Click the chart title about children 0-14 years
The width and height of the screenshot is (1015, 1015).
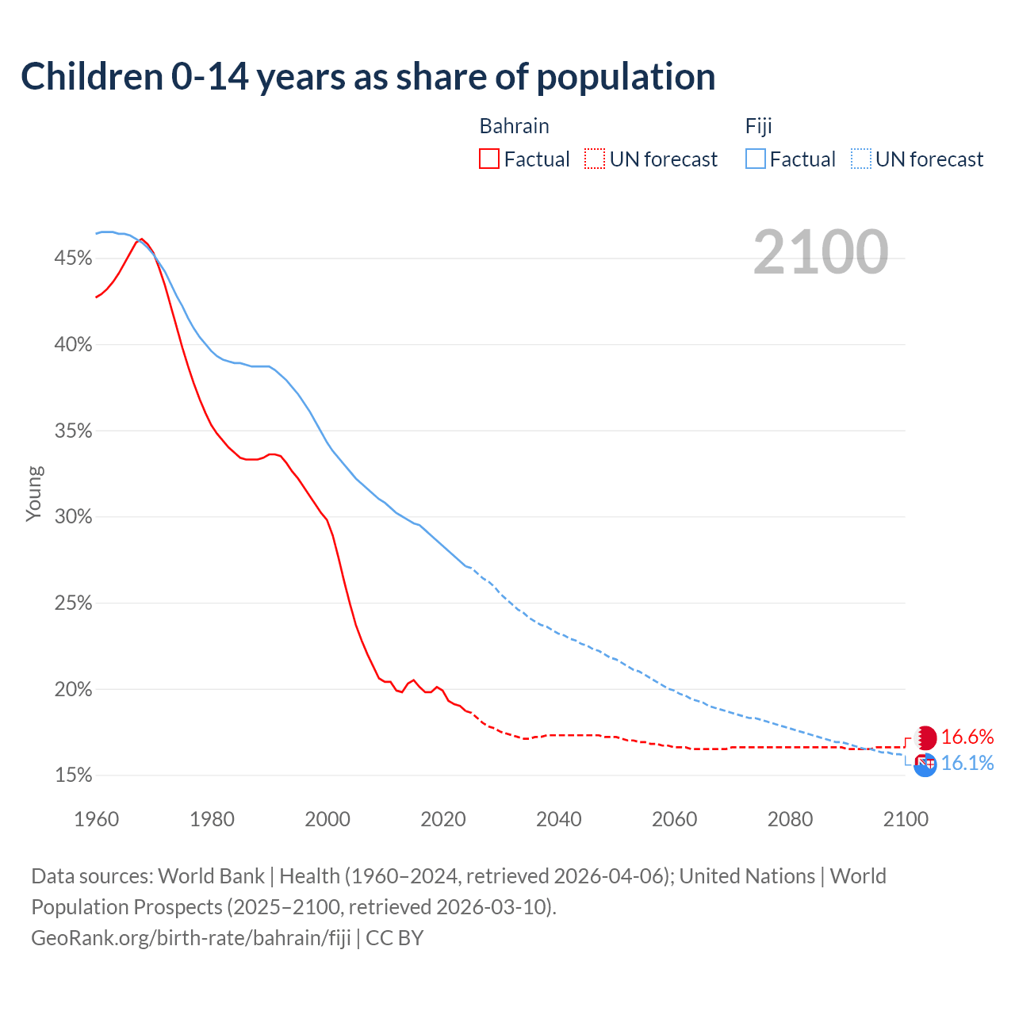click(x=368, y=77)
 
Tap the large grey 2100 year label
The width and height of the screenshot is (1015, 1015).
click(x=820, y=252)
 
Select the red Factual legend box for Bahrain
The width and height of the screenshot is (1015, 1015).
click(x=489, y=159)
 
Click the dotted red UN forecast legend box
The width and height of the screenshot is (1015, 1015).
click(x=595, y=159)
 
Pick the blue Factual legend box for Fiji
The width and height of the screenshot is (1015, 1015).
click(x=755, y=159)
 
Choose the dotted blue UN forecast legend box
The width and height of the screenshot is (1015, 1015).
click(x=860, y=159)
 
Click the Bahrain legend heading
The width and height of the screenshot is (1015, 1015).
click(x=514, y=126)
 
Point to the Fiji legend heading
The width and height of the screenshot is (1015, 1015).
click(x=758, y=126)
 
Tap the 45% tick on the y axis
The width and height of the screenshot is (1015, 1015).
click(x=73, y=259)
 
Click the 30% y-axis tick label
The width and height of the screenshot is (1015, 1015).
click(x=73, y=517)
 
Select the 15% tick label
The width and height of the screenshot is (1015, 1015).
click(x=73, y=776)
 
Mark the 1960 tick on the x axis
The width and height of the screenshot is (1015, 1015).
click(x=96, y=819)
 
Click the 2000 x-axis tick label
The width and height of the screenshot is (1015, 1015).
click(x=327, y=819)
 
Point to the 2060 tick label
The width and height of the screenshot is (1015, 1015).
click(x=674, y=819)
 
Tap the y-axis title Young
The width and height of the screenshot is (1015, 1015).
click(x=34, y=493)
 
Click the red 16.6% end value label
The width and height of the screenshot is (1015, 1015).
click(x=967, y=737)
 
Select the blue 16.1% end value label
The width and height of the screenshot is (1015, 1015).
click(x=967, y=764)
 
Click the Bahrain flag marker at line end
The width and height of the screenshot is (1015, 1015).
click(x=925, y=738)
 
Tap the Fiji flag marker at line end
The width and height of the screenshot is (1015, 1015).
click(x=925, y=764)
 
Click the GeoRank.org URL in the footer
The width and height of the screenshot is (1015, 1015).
click(x=190, y=938)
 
